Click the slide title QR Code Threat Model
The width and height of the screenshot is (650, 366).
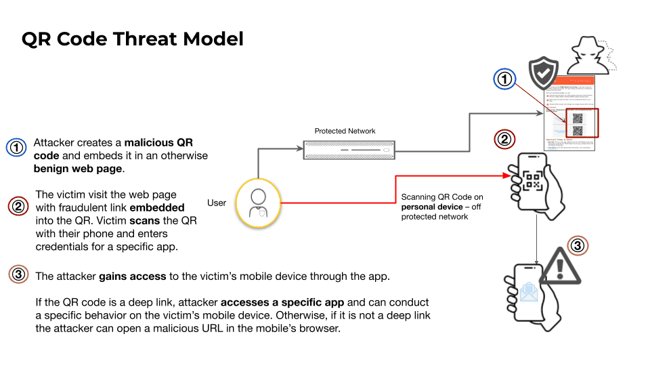132,39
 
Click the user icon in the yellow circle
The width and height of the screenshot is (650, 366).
258,202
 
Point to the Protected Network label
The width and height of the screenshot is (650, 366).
345,131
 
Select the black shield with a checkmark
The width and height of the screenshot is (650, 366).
543,73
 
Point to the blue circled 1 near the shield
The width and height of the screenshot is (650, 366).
504,79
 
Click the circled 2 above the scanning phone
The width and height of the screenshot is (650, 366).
504,140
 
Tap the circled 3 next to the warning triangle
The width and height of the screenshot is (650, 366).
577,245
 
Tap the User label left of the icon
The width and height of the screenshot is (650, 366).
217,202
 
